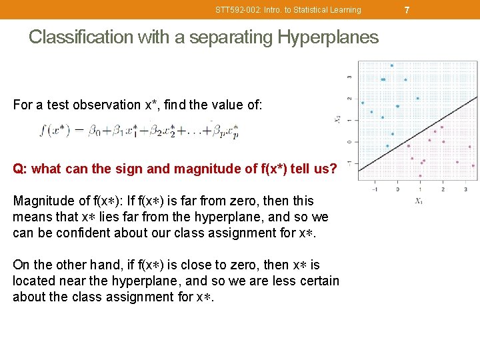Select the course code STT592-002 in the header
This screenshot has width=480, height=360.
[239, 10]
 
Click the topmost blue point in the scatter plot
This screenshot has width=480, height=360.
[392, 65]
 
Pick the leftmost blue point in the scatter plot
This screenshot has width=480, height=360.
[363, 103]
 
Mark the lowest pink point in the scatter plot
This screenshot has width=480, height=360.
[420, 176]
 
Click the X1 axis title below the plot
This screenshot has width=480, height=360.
[419, 201]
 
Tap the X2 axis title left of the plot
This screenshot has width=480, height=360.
[339, 120]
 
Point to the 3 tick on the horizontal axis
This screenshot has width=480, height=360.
[465, 189]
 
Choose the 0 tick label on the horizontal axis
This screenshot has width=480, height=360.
[398, 189]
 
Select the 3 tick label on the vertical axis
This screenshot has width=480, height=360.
[350, 77]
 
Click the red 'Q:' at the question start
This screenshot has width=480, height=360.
[20, 169]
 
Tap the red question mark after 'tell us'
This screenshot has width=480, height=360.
[333, 169]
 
